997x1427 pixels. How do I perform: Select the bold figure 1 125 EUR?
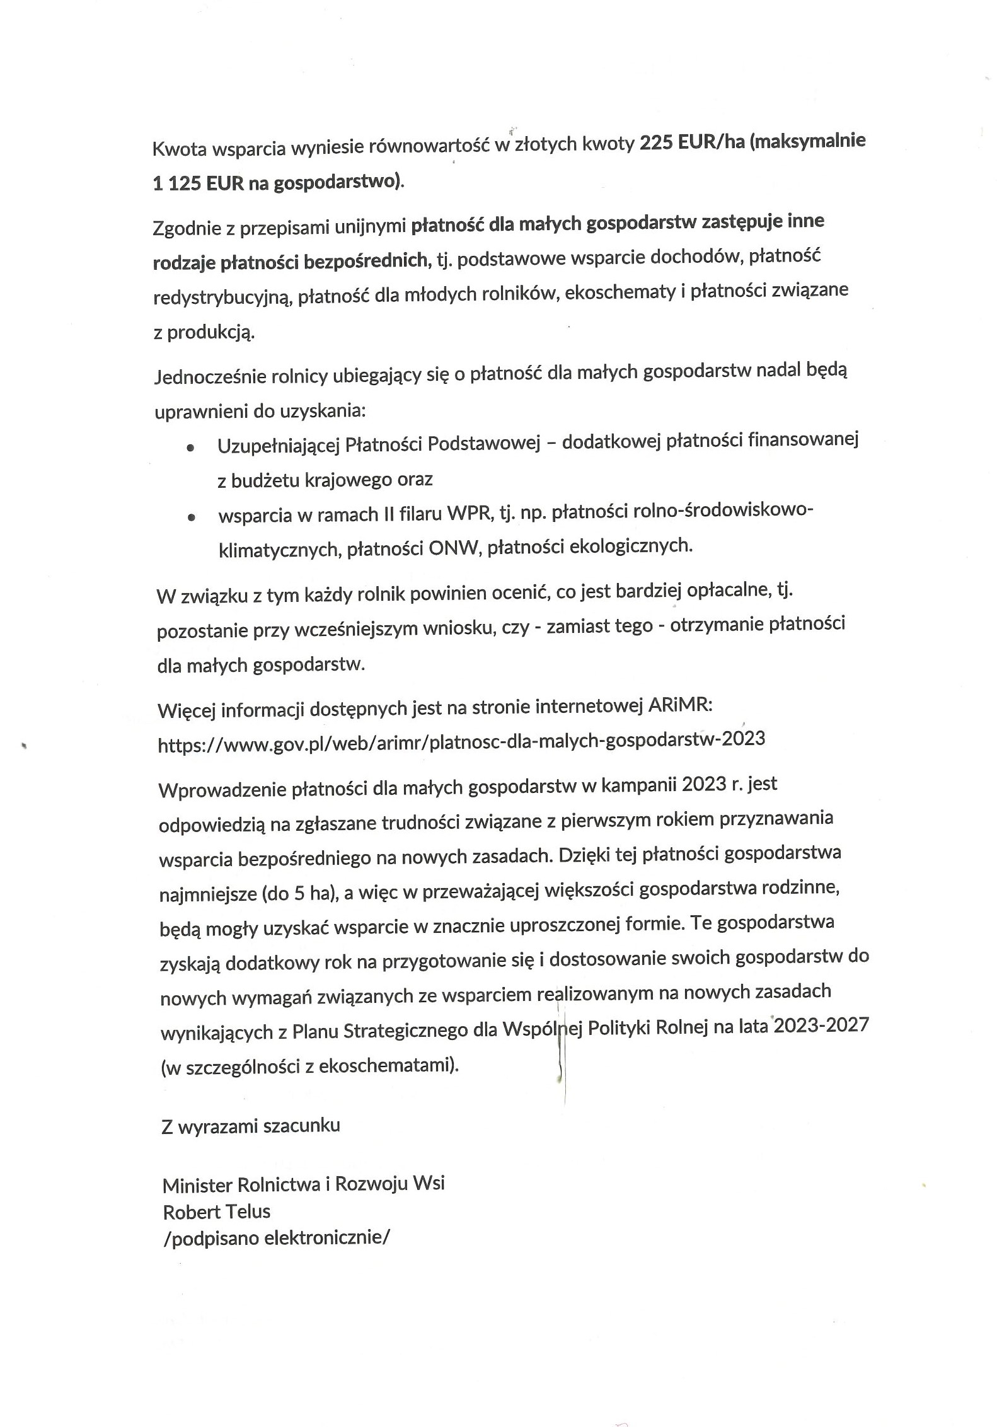click(196, 183)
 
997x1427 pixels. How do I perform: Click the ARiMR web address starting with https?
click(461, 739)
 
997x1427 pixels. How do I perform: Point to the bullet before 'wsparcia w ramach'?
click(191, 517)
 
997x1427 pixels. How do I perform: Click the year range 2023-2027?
click(821, 1025)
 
